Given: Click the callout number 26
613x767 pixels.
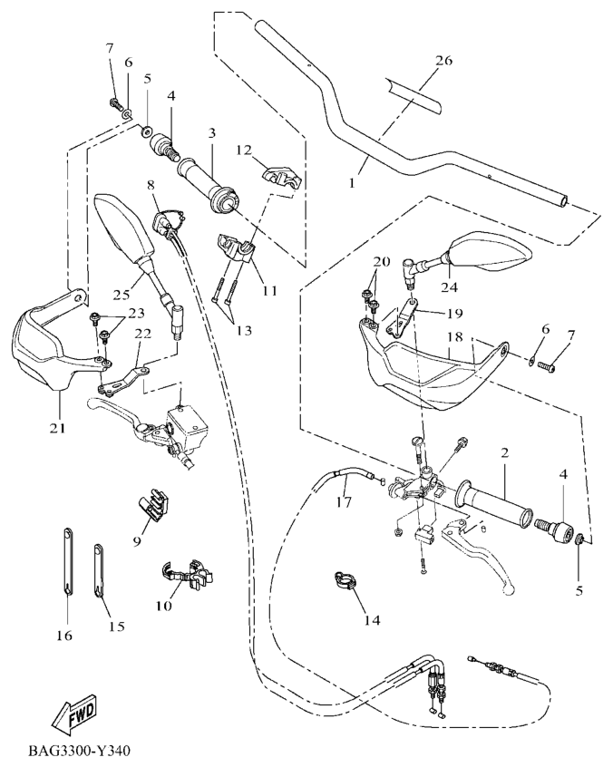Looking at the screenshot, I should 443,62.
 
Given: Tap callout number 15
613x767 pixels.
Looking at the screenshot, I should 114,626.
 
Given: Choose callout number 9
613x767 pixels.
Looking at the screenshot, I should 137,542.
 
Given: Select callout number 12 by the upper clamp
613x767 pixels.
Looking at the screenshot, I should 242,150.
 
